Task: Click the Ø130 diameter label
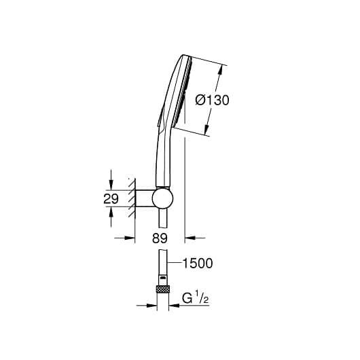(x=212, y=101)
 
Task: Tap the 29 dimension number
(x=111, y=199)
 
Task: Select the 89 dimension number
(x=160, y=238)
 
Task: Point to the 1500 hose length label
(x=198, y=264)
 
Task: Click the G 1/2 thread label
(x=196, y=298)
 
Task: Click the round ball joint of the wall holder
(x=162, y=198)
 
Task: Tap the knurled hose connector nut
(x=163, y=289)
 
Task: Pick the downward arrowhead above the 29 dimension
(x=111, y=184)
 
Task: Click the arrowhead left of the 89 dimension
(x=130, y=238)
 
